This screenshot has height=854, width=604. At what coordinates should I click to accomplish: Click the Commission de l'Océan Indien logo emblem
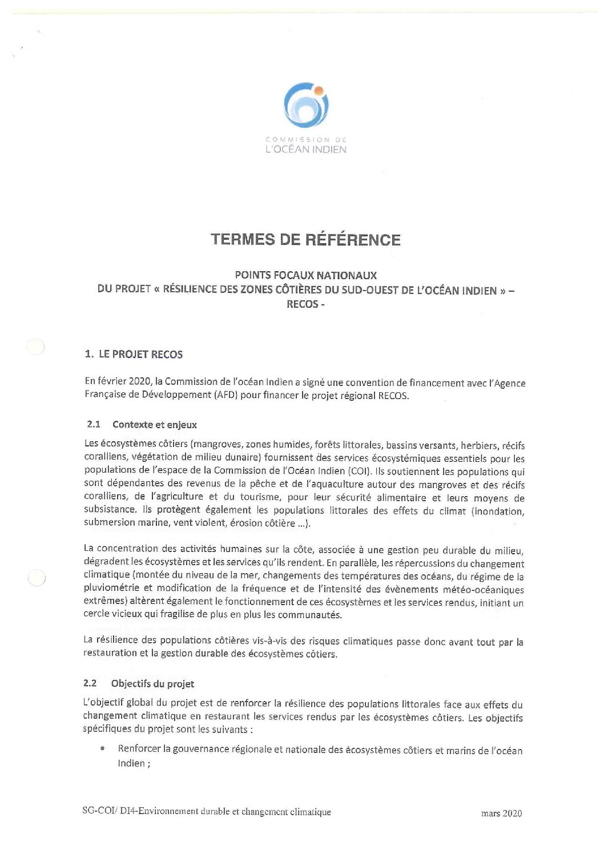pyautogui.click(x=306, y=105)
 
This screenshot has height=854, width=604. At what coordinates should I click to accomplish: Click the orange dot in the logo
pyautogui.click(x=319, y=90)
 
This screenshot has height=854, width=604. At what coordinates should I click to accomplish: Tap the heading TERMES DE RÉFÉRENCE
pyautogui.click(x=306, y=239)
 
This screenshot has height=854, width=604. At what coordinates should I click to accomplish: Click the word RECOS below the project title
pyautogui.click(x=302, y=304)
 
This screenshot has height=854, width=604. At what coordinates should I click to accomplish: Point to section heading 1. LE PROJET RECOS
pyautogui.click(x=134, y=354)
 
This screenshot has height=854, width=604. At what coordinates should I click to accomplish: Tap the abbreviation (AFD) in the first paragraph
pyautogui.click(x=224, y=395)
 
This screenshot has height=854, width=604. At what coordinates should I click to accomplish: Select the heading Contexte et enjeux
pyautogui.click(x=155, y=424)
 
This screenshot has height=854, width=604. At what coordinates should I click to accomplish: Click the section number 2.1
pyautogui.click(x=94, y=424)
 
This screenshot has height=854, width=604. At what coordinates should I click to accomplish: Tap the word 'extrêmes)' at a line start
pyautogui.click(x=104, y=601)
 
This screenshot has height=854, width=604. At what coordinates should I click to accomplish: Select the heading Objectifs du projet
pyautogui.click(x=153, y=683)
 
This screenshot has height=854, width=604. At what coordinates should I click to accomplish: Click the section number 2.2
pyautogui.click(x=90, y=683)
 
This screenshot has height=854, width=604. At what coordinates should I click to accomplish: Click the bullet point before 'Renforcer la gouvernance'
pyautogui.click(x=102, y=749)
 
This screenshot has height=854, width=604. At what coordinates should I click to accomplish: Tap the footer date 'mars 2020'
pyautogui.click(x=501, y=813)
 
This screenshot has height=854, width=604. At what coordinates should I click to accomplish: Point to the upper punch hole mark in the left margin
pyautogui.click(x=36, y=347)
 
